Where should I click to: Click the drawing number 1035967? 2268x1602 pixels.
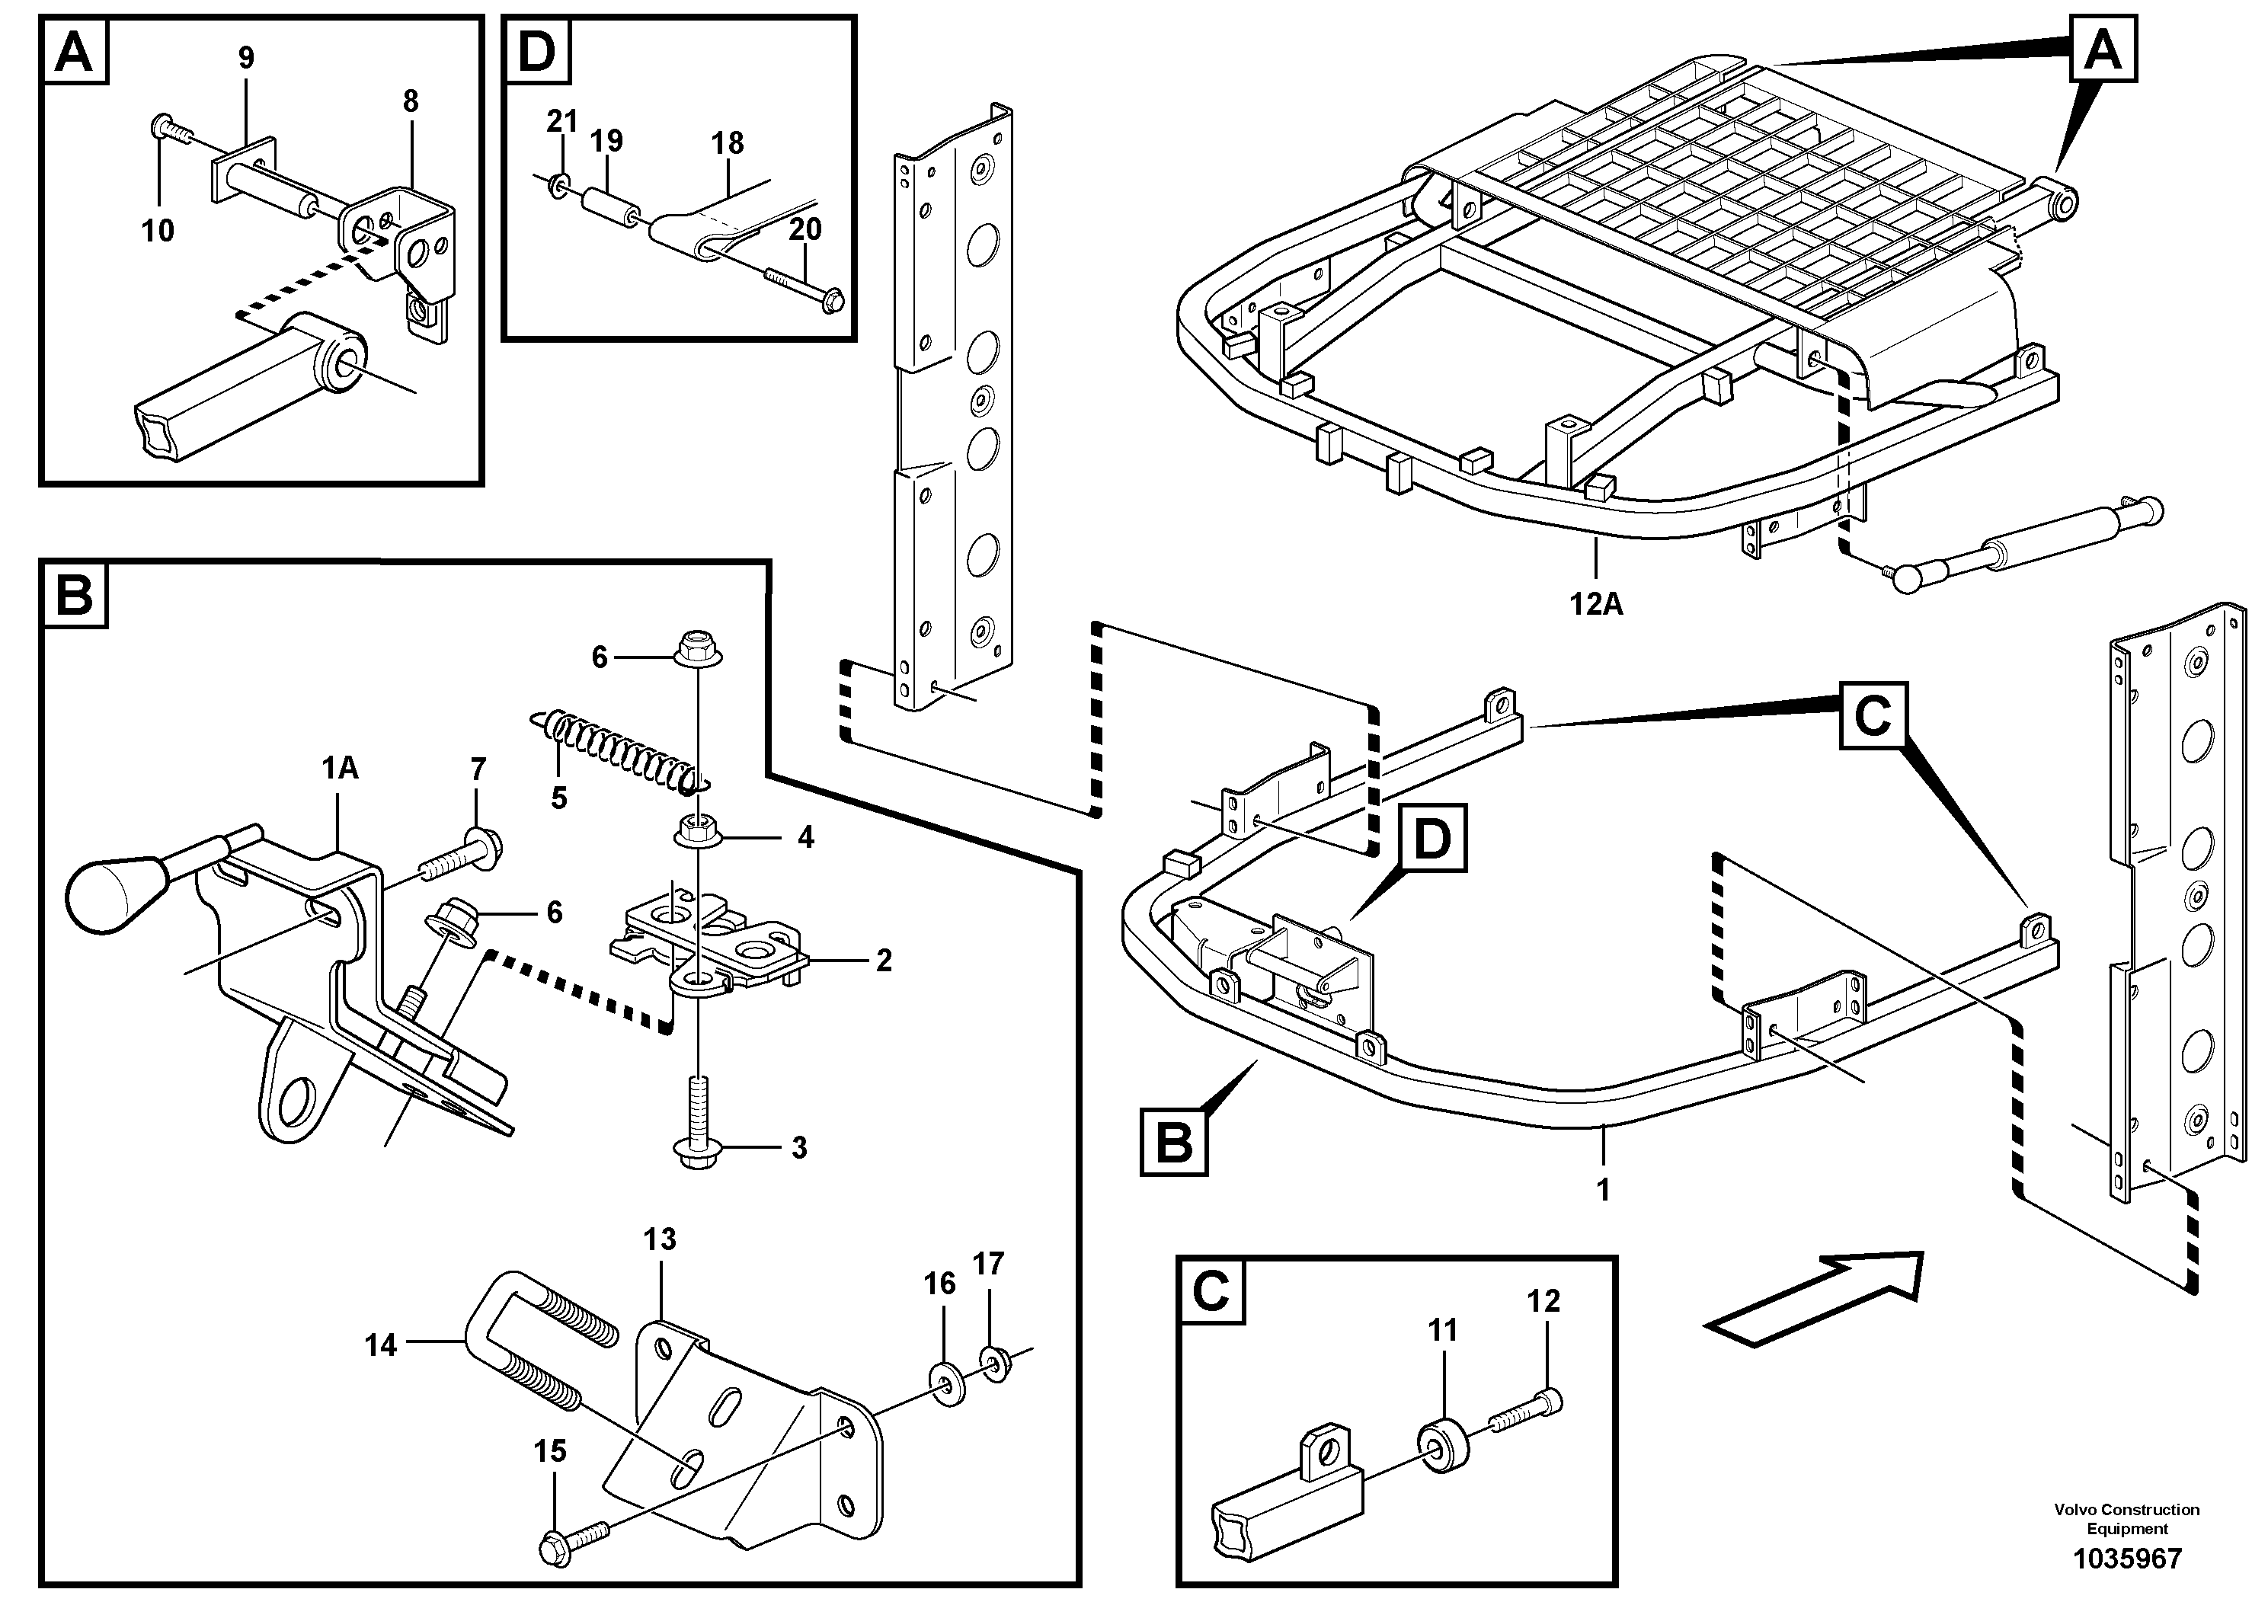[x=2126, y=1559]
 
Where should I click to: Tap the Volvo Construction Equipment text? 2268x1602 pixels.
[x=2126, y=1518]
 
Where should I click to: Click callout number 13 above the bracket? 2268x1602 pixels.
[x=659, y=1239]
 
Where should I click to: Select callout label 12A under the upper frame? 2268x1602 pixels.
[x=1596, y=603]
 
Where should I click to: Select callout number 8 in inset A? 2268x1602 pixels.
[x=410, y=101]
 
